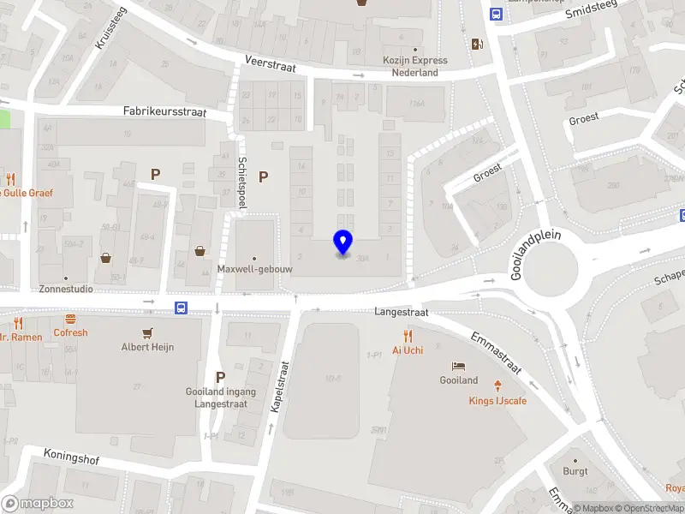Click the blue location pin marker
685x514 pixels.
click(342, 242)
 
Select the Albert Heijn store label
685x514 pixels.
click(147, 347)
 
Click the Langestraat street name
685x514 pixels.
click(401, 314)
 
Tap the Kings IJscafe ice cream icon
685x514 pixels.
click(497, 385)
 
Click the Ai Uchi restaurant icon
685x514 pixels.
click(408, 336)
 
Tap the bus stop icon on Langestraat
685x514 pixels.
click(182, 308)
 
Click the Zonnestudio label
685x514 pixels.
click(66, 290)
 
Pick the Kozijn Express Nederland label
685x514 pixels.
click(415, 67)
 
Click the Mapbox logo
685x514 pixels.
click(38, 504)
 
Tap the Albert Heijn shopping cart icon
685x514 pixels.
click(147, 332)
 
